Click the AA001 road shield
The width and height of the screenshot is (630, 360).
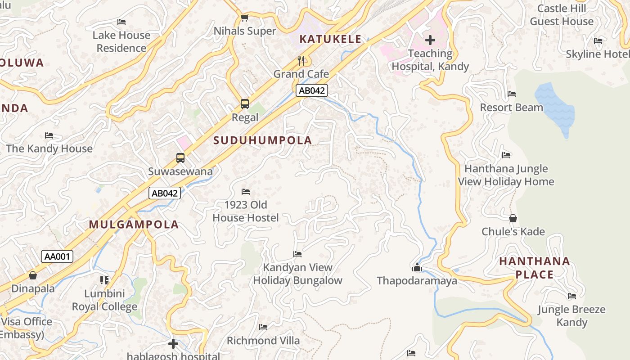pyautogui.click(x=57, y=256)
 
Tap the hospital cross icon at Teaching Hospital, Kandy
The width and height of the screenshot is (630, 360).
pyautogui.click(x=430, y=40)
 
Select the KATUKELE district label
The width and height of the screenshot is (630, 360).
pyautogui.click(x=330, y=39)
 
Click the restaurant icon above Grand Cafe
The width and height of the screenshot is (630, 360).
pyautogui.click(x=301, y=60)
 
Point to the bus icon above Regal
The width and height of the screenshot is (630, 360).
pyautogui.click(x=244, y=104)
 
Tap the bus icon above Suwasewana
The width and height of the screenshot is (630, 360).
pyautogui.click(x=180, y=158)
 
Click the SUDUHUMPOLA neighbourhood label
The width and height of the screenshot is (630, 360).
pyautogui.click(x=262, y=140)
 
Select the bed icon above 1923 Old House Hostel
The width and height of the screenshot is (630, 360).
pyautogui.click(x=245, y=192)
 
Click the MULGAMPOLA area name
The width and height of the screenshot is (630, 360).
pyautogui.click(x=134, y=225)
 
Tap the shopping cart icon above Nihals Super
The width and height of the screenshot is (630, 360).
pyautogui.click(x=244, y=18)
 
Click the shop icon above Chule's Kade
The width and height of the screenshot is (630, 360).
pyautogui.click(x=513, y=218)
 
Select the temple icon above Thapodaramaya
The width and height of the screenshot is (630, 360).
pyautogui.click(x=417, y=268)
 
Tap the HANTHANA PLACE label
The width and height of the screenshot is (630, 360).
pyautogui.click(x=534, y=268)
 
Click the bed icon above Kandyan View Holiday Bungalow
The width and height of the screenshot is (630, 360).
pyautogui.click(x=297, y=254)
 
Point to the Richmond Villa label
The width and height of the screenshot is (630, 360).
pyautogui.click(x=263, y=341)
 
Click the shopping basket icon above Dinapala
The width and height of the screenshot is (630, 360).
pyautogui.click(x=33, y=275)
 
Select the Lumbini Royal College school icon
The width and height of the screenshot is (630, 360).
pyautogui.click(x=104, y=280)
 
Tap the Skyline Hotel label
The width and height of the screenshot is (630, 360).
pyautogui.click(x=598, y=54)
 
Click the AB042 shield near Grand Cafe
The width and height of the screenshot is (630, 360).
pyautogui.click(x=312, y=90)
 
